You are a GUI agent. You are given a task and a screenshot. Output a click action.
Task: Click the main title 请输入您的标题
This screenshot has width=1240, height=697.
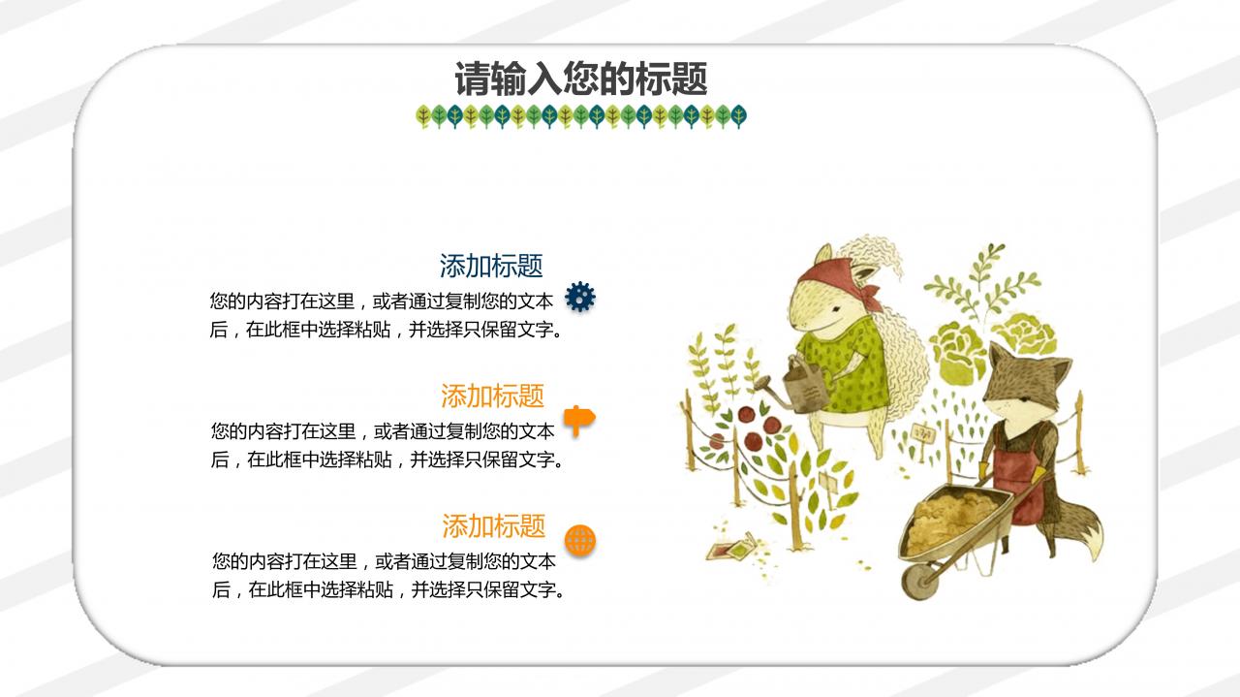(580, 79)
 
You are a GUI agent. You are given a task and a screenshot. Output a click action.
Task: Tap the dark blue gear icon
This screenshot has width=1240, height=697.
(580, 297)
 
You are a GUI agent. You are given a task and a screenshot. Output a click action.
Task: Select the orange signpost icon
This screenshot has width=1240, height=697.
(579, 420)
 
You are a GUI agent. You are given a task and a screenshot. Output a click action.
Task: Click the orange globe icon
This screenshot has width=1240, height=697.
(580, 541)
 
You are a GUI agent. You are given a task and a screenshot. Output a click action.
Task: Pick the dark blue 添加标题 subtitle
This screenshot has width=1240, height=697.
(491, 266)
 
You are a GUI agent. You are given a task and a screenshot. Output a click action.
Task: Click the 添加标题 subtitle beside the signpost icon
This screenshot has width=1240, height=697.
(492, 396)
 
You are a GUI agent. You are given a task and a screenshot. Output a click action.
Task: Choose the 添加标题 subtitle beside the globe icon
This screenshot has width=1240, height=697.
(493, 525)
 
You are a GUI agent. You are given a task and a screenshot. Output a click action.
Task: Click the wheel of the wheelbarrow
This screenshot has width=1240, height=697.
(919, 581)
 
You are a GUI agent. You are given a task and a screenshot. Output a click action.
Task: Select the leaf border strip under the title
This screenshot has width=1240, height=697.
(581, 116)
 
